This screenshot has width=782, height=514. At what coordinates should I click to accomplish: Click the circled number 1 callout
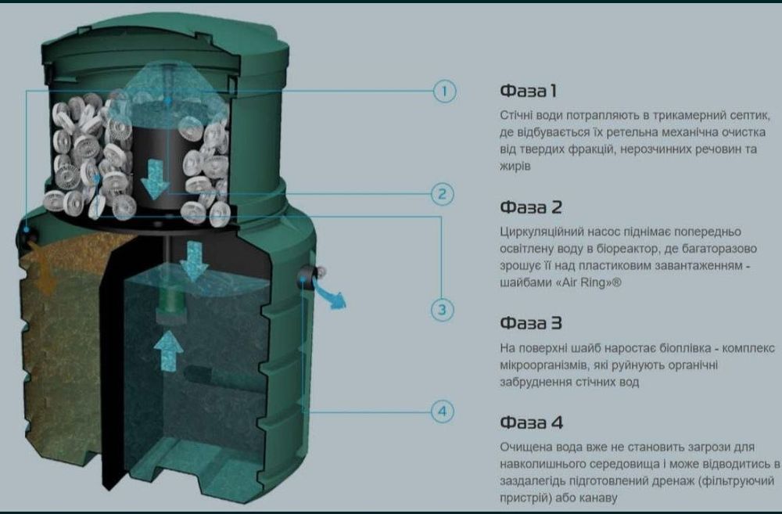(443, 92)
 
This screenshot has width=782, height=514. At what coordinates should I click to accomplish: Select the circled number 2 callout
(443, 193)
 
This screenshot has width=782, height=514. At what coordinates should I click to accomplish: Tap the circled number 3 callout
(443, 310)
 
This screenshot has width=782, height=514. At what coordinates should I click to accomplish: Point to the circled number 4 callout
(443, 412)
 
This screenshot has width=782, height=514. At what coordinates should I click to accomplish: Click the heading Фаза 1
(528, 91)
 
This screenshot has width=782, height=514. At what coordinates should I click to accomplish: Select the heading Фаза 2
(531, 207)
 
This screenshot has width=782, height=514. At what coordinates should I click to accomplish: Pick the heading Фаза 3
(531, 323)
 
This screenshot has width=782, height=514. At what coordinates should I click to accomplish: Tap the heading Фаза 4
(531, 422)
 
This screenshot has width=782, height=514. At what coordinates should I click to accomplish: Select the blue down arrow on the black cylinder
(156, 179)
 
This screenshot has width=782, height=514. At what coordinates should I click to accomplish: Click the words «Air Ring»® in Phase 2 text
(589, 283)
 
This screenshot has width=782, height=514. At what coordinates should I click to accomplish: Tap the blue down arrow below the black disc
(193, 261)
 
